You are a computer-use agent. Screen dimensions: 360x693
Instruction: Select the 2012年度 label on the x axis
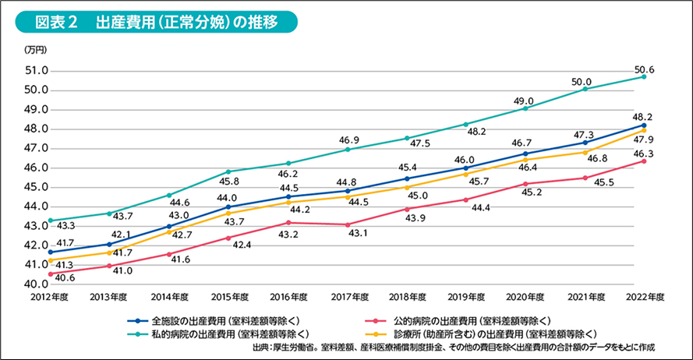tap(51, 297)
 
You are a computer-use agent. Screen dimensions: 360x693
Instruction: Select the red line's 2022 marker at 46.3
tap(644, 161)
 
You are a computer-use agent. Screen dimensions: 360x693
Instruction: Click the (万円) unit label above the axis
tap(36, 50)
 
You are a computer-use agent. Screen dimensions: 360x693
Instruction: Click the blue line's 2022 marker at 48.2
tap(644, 125)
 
